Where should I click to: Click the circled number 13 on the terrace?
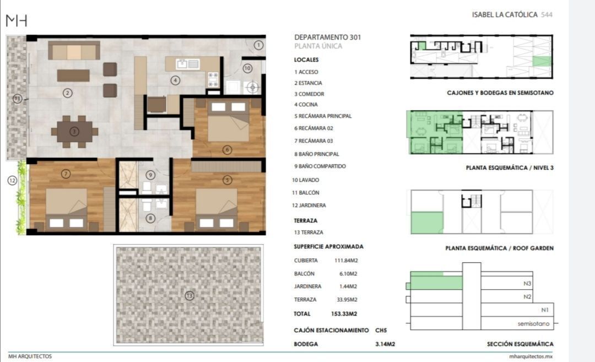click(x=190, y=295)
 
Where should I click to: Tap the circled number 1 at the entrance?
click(x=258, y=45)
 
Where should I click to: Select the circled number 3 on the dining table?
click(x=74, y=132)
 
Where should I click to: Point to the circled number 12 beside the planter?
click(x=12, y=180)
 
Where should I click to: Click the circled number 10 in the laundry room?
click(x=247, y=68)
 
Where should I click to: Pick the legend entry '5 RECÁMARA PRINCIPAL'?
click(x=323, y=116)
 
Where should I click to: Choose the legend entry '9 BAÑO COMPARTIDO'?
click(x=320, y=166)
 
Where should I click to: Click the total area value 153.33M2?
click(x=344, y=314)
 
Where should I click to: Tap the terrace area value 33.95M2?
click(x=347, y=299)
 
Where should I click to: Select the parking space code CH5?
click(x=381, y=330)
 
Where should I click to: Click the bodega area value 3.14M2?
click(x=385, y=344)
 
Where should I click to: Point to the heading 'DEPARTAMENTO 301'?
click(x=327, y=37)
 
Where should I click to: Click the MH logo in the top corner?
click(x=17, y=20)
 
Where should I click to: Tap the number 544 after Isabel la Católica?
click(x=547, y=15)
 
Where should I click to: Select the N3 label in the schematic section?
click(x=527, y=283)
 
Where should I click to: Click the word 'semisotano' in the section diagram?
click(x=533, y=323)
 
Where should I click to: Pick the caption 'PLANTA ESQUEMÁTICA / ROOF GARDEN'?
click(x=499, y=248)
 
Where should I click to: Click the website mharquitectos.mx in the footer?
click(x=531, y=356)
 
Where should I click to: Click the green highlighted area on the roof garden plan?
click(x=427, y=223)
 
